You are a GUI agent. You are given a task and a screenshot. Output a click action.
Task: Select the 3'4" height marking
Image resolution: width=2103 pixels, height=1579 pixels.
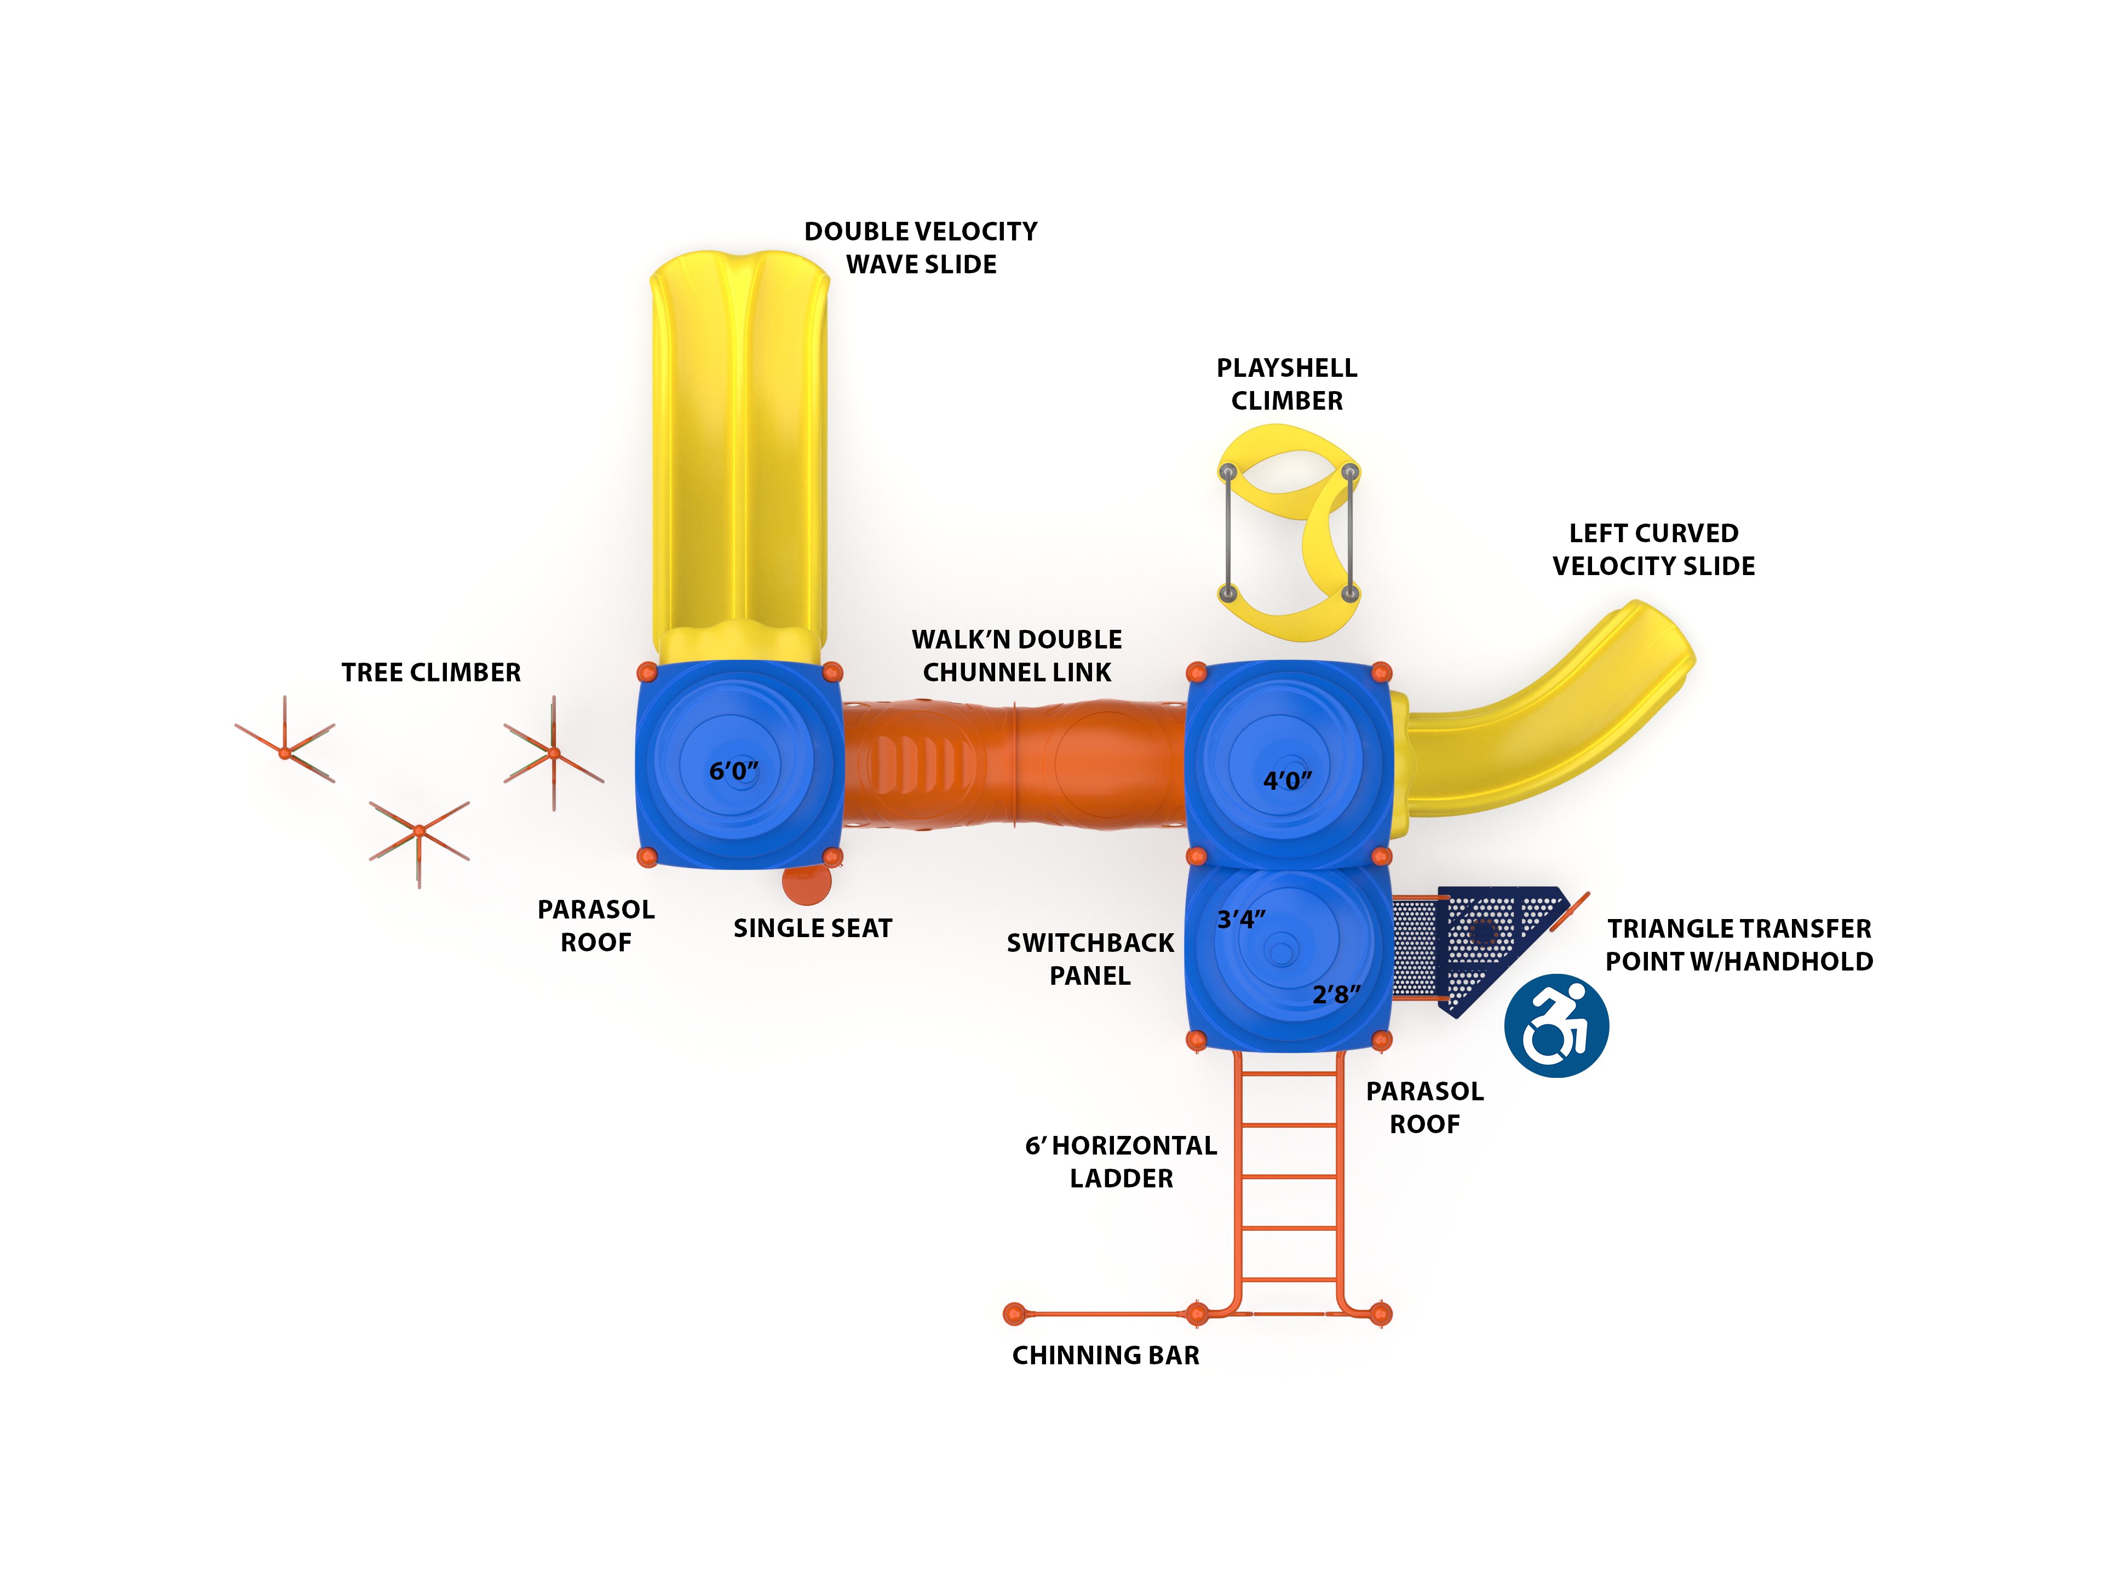(x=1240, y=919)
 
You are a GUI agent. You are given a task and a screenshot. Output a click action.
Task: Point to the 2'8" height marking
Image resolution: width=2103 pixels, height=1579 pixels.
(x=1336, y=995)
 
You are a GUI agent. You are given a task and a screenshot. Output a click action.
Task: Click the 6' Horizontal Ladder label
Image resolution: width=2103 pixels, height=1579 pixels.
(x=1121, y=1162)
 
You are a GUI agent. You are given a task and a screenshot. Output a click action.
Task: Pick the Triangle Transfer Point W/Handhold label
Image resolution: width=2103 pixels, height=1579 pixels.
(x=1739, y=944)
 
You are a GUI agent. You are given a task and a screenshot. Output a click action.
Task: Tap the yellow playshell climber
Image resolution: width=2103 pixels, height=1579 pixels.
(x=1288, y=532)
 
